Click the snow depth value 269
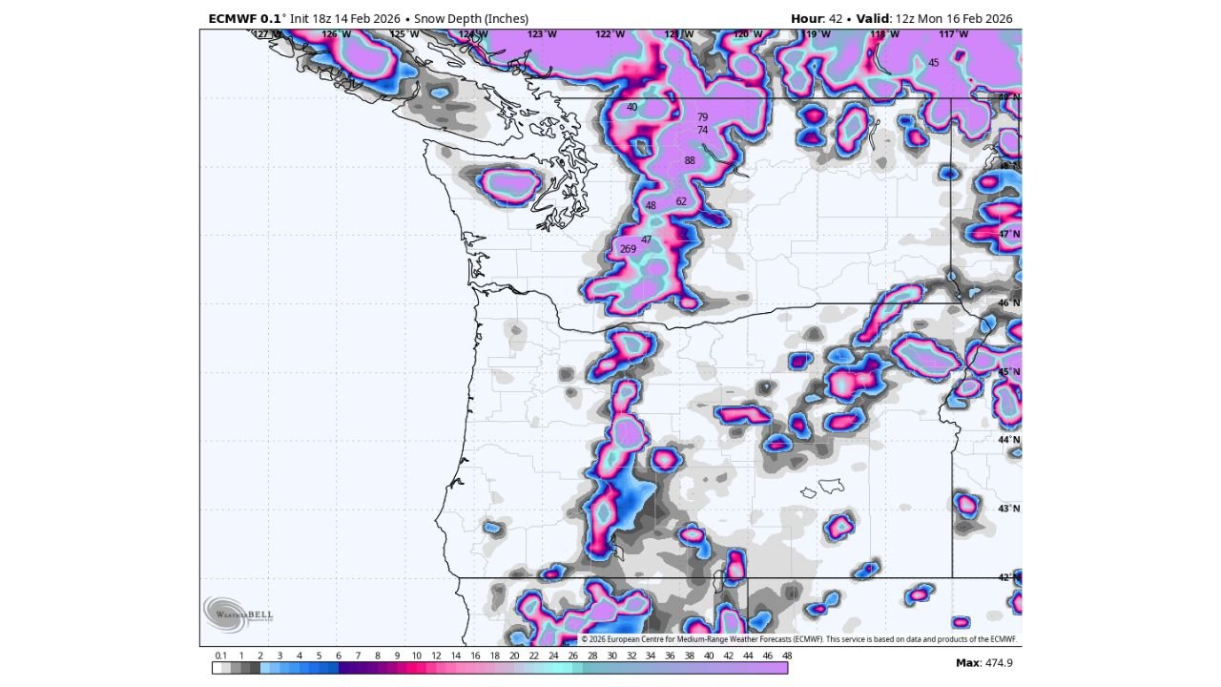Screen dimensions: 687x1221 pyautogui.click(x=628, y=249)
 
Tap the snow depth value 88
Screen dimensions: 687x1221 pyautogui.click(x=690, y=160)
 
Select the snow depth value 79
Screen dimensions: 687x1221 pyautogui.click(x=703, y=117)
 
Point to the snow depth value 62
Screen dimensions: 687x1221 pyautogui.click(x=681, y=201)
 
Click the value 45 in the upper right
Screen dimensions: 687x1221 pyautogui.click(x=934, y=63)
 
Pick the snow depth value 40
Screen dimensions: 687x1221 pyautogui.click(x=631, y=108)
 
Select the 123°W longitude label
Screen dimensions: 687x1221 pyautogui.click(x=542, y=34)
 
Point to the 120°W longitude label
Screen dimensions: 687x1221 pyautogui.click(x=748, y=34)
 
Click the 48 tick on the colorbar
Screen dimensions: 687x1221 pyautogui.click(x=787, y=656)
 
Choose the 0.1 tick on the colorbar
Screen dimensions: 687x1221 pyautogui.click(x=221, y=656)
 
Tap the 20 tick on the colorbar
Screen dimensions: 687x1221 pyautogui.click(x=514, y=656)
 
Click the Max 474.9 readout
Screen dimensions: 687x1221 pyautogui.click(x=983, y=662)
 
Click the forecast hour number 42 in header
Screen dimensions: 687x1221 pyautogui.click(x=836, y=19)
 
